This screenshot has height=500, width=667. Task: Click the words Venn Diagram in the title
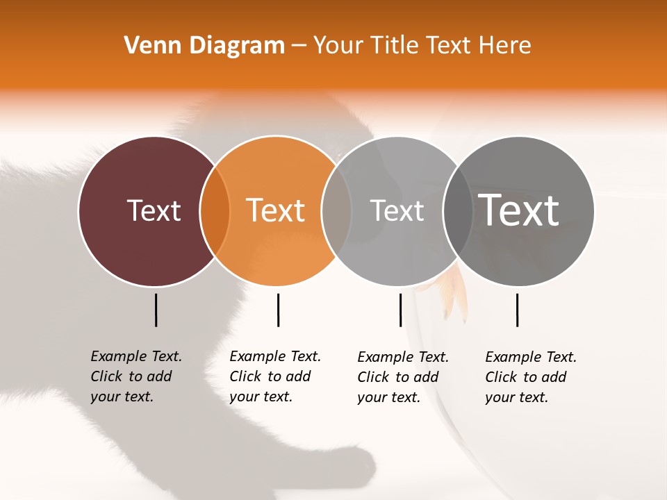click(x=204, y=45)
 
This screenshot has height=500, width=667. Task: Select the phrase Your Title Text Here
click(x=422, y=45)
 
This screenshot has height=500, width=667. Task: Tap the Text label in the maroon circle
click(x=154, y=210)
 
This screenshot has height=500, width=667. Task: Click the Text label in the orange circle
click(x=275, y=210)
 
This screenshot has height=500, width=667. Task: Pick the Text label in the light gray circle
click(x=397, y=210)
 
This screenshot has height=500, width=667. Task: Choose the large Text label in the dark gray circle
click(x=518, y=210)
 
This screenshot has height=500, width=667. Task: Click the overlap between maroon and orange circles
click(x=215, y=211)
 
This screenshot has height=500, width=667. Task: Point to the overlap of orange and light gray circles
click(x=336, y=211)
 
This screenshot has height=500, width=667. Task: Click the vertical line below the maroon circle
click(x=156, y=310)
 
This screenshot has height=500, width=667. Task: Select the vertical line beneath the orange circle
click(x=278, y=310)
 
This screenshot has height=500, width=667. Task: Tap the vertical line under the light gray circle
click(x=400, y=310)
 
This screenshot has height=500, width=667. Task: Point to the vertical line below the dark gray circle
click(x=517, y=310)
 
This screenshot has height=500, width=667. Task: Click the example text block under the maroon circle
click(x=135, y=376)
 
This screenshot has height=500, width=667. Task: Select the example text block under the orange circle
click(x=274, y=376)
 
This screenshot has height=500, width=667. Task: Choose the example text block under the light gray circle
click(x=402, y=377)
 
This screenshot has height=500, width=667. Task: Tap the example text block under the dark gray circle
click(x=530, y=377)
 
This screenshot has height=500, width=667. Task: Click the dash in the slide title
click(x=299, y=46)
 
